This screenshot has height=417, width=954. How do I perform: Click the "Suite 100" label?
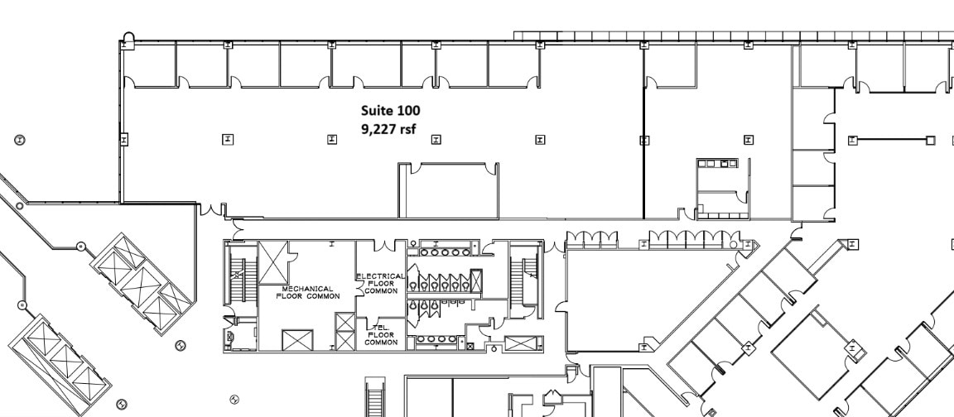pyautogui.click(x=391, y=110)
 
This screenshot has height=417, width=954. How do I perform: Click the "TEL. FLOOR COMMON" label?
pyautogui.click(x=381, y=336)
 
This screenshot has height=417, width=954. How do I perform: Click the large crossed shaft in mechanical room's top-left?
pyautogui.click(x=272, y=263)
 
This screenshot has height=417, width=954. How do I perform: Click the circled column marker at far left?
pyautogui.click(x=20, y=139)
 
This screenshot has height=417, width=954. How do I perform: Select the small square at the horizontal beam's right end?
pyautogui.click(x=930, y=140)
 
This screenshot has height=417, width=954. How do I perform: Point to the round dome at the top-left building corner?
pyautogui.click(x=128, y=37)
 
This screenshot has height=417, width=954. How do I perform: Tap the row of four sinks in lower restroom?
pyautogui.click(x=432, y=339)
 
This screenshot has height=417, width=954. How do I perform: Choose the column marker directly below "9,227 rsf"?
pyautogui.click(x=331, y=139)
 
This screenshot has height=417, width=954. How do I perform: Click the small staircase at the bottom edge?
pyautogui.click(x=375, y=397)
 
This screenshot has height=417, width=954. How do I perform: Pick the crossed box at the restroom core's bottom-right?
pyautogui.click(x=518, y=343)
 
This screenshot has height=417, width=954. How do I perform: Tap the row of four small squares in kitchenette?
pyautogui.click(x=717, y=164)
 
